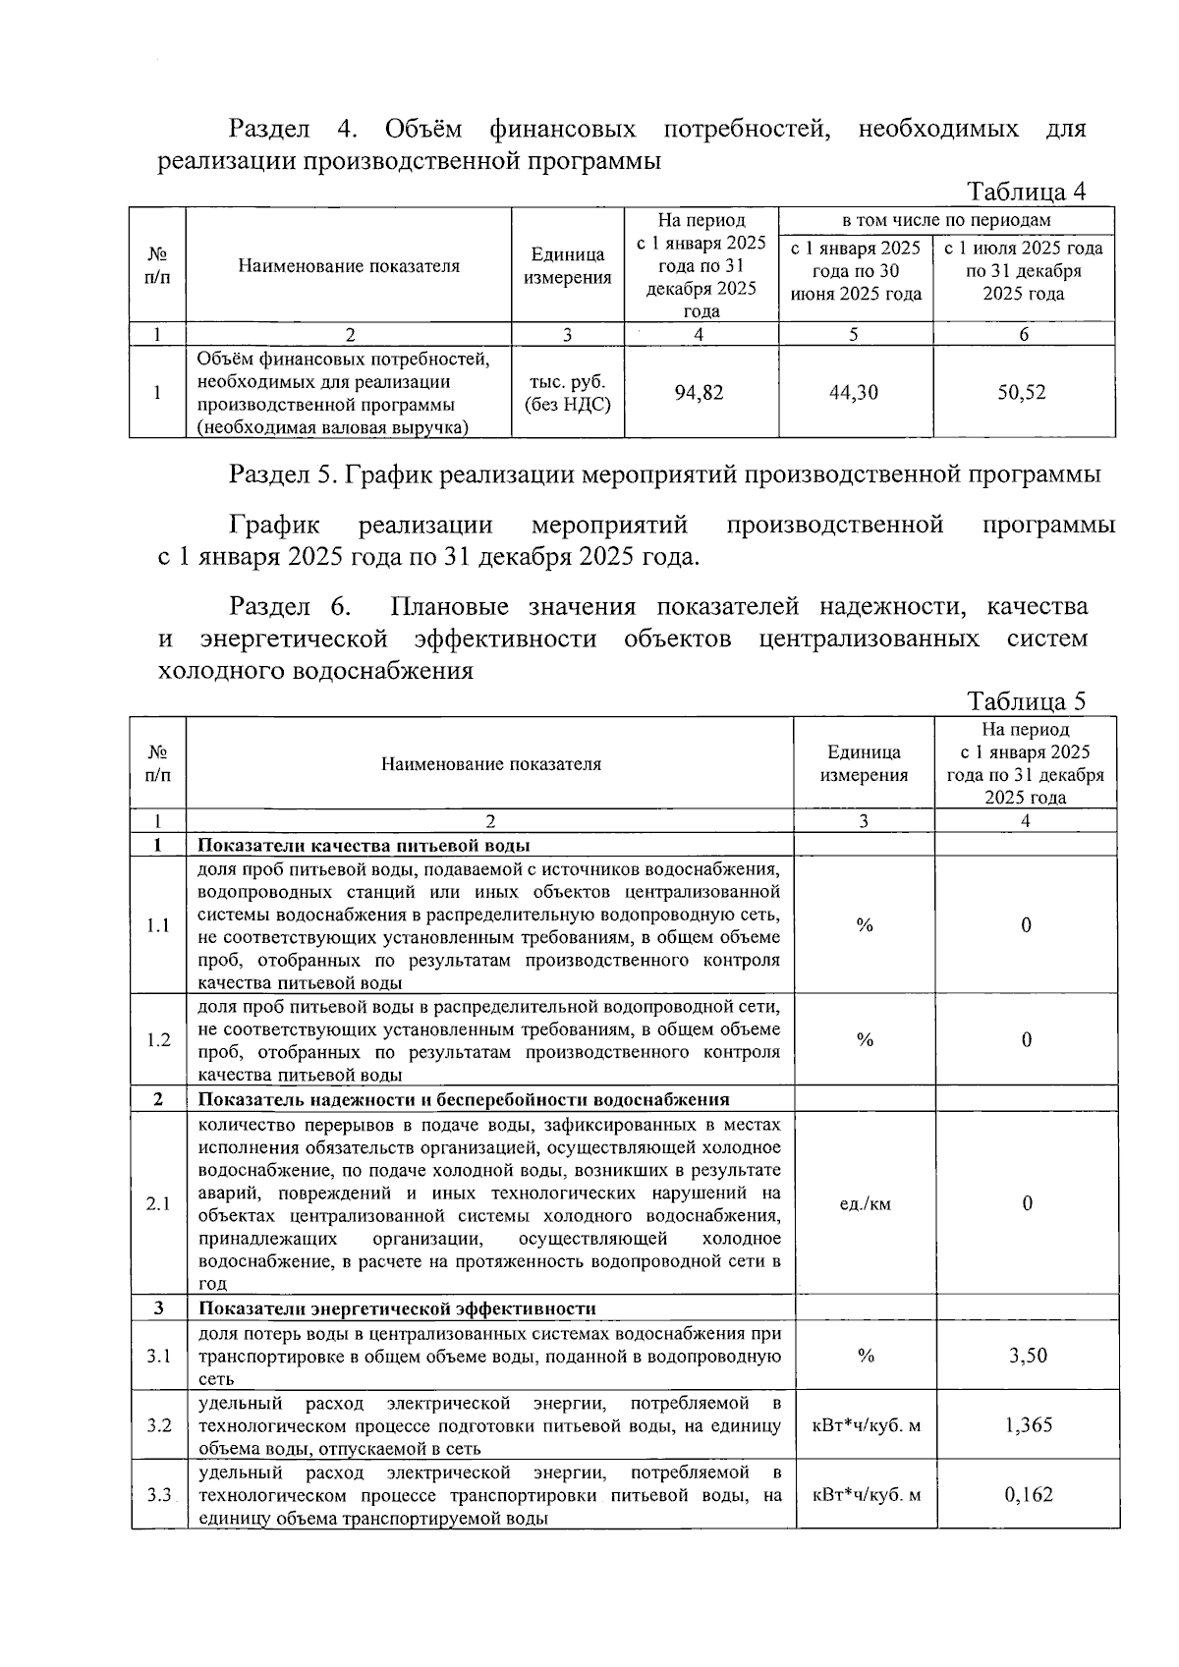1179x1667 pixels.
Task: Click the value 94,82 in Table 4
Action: [699, 393]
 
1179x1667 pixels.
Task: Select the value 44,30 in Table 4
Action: [854, 393]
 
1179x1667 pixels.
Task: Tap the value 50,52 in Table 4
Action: [1022, 393]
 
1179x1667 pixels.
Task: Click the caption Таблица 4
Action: [1027, 191]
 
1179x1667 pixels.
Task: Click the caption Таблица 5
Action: [1027, 701]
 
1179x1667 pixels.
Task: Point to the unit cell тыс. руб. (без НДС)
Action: [567, 393]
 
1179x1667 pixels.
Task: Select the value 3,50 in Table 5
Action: [1028, 1356]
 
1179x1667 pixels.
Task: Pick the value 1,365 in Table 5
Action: [1028, 1425]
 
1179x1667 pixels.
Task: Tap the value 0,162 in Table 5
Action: [1028, 1495]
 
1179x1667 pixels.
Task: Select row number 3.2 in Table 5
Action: [158, 1425]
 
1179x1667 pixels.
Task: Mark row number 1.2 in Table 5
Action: [158, 1040]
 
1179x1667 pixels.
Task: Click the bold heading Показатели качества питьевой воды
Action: [365, 846]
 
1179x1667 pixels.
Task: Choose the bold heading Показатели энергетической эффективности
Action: [397, 1308]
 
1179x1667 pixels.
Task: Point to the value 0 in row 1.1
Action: [1026, 925]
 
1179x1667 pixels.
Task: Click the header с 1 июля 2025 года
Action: [1023, 249]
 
